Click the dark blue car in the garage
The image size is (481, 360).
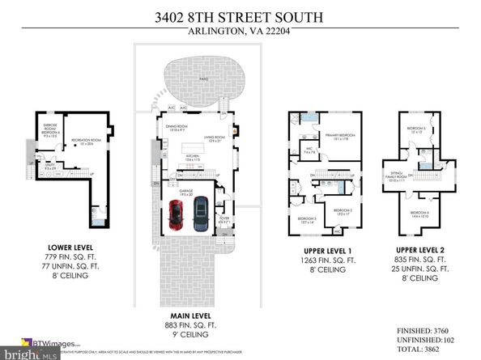coord(199,214)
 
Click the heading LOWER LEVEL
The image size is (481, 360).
coord(70,247)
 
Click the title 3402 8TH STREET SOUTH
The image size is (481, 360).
coord(240,15)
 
